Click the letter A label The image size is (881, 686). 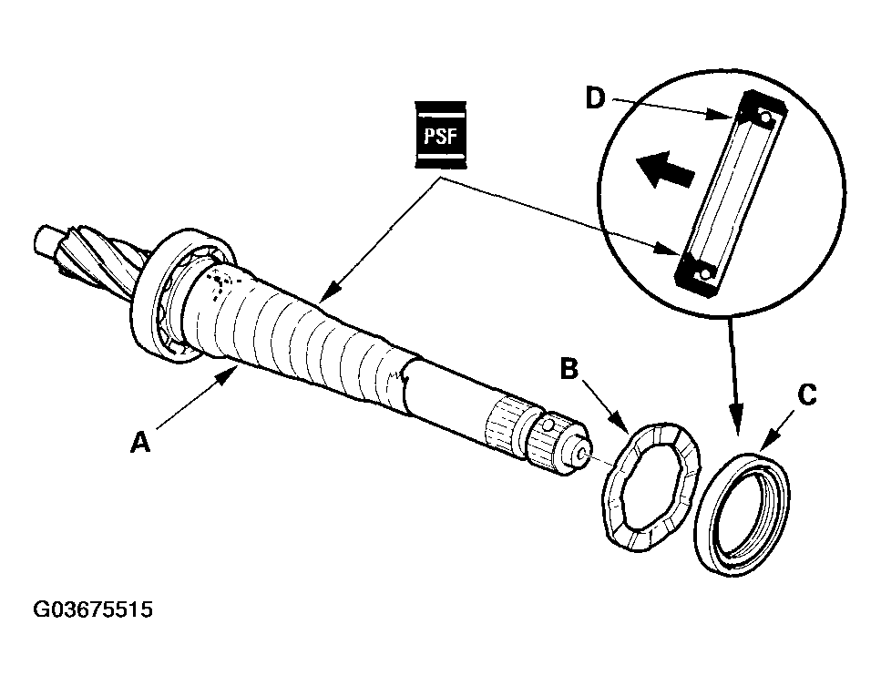point(139,443)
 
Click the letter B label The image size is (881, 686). point(569,369)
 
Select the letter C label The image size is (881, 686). point(806,394)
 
